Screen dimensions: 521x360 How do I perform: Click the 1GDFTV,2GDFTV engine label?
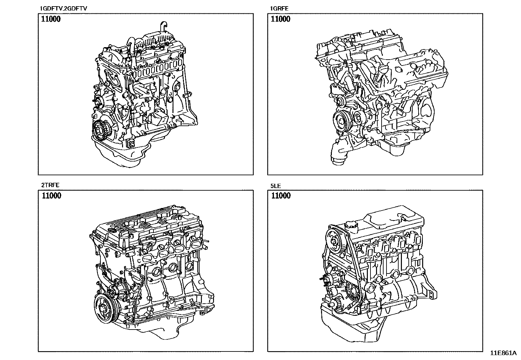click(x=63, y=9)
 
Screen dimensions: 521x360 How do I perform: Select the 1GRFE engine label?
click(x=279, y=9)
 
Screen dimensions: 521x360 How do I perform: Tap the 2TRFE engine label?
click(x=50, y=185)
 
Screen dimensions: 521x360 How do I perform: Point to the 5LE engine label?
click(x=276, y=186)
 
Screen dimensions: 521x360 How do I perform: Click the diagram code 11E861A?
click(x=503, y=353)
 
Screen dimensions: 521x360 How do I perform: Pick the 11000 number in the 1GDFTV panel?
click(x=51, y=19)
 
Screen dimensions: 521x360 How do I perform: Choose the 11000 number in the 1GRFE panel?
click(x=280, y=19)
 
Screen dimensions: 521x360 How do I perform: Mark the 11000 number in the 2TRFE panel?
click(x=51, y=196)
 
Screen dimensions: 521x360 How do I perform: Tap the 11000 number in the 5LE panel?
click(x=281, y=196)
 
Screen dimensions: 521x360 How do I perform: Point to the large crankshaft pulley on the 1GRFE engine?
click(x=342, y=122)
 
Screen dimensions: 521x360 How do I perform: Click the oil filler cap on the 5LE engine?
click(x=352, y=226)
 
